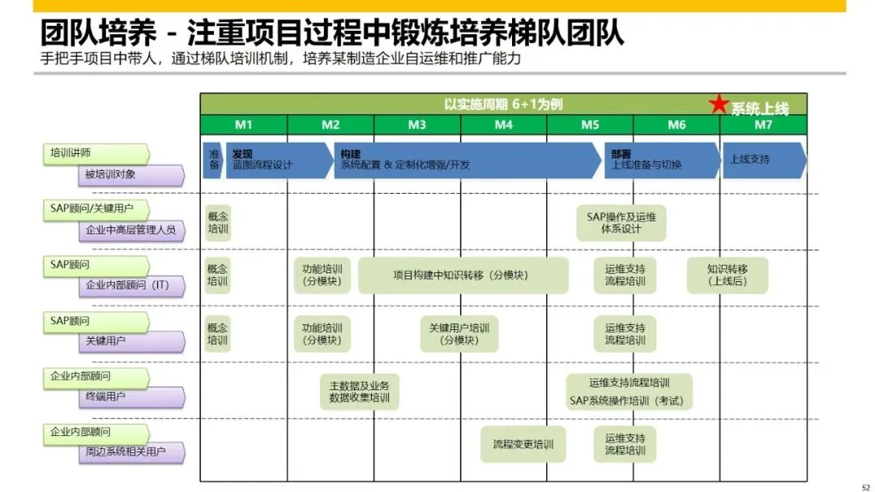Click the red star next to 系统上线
[719, 105]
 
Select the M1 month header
[244, 125]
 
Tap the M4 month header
[504, 125]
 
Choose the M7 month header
[763, 125]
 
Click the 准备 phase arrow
[214, 160]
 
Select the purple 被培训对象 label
[132, 174]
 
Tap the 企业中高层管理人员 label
[132, 230]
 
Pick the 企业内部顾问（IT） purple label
[132, 285]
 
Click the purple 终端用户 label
[132, 396]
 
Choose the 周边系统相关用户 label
[132, 452]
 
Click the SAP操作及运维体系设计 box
[621, 223]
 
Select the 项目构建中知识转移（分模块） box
[463, 276]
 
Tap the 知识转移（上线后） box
[727, 276]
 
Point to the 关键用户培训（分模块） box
[460, 334]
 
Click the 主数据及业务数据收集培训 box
[359, 392]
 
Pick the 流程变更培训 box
[523, 444]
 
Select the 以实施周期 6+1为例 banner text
[503, 105]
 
